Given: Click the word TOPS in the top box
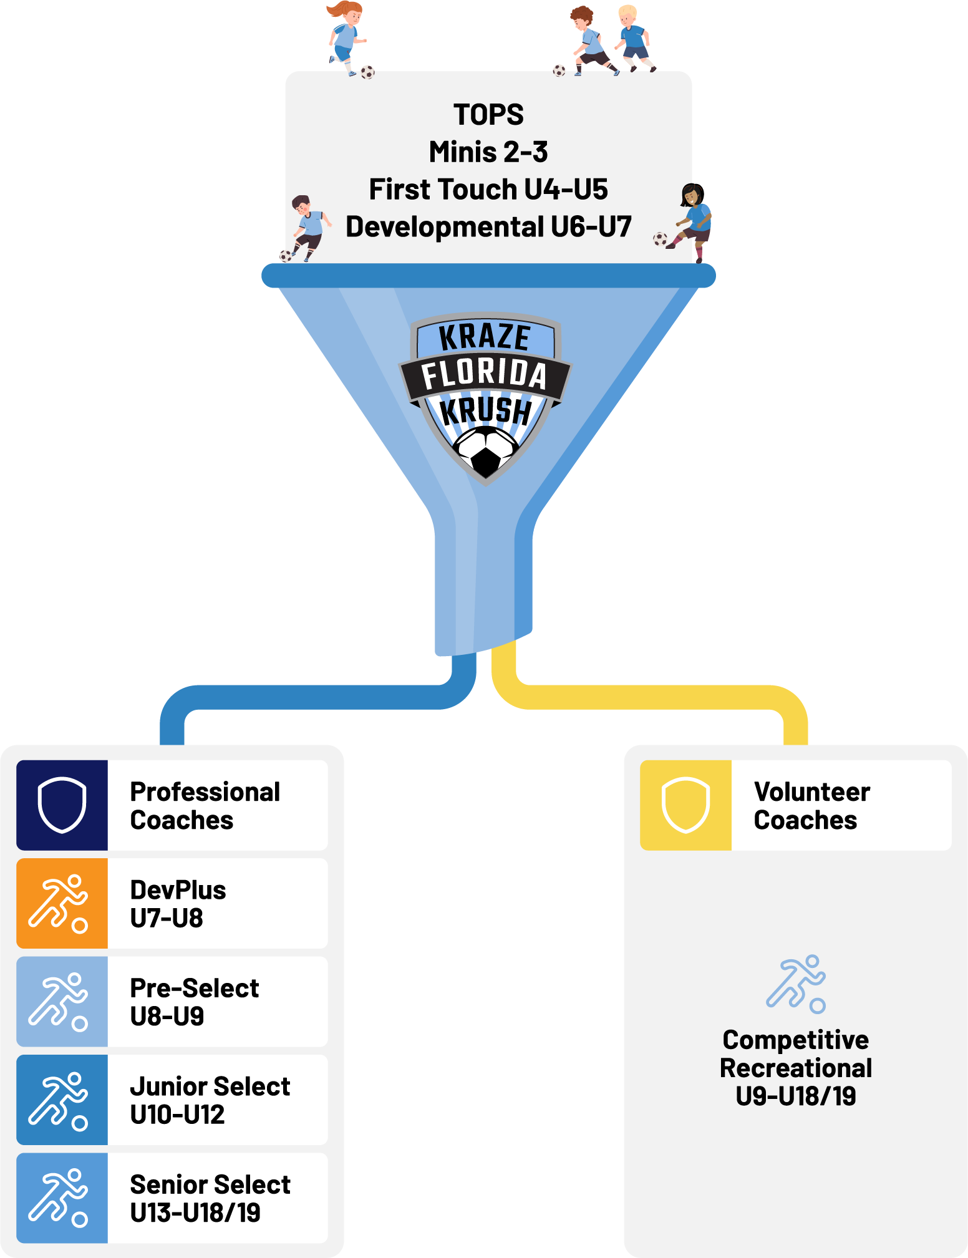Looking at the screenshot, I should click(x=488, y=115).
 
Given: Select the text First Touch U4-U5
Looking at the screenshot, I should click(x=488, y=190).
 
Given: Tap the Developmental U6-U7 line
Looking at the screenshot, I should click(x=488, y=227).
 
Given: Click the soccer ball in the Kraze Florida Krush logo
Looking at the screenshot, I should click(x=485, y=450).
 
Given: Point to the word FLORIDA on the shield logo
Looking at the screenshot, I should click(x=484, y=374).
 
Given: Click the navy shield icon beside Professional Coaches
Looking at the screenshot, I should click(x=62, y=805).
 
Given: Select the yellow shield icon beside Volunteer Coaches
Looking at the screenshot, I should click(x=685, y=805).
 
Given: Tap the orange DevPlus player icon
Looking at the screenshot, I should click(x=60, y=903).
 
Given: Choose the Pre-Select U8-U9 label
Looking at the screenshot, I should click(x=194, y=1002).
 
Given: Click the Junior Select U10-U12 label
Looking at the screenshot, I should click(x=210, y=1100).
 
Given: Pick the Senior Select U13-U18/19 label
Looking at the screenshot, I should click(x=210, y=1198).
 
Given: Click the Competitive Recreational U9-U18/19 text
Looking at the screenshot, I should click(x=795, y=1068).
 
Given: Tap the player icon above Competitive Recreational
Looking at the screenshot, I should click(x=796, y=984).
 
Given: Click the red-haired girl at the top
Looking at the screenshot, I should click(x=345, y=34).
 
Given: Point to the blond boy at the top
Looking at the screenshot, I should click(x=634, y=37).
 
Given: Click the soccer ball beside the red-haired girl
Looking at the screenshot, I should click(x=367, y=72).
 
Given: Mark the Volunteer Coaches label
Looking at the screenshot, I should click(x=811, y=805).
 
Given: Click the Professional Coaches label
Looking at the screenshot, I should click(x=205, y=805).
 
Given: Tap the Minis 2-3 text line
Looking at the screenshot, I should click(x=488, y=152).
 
